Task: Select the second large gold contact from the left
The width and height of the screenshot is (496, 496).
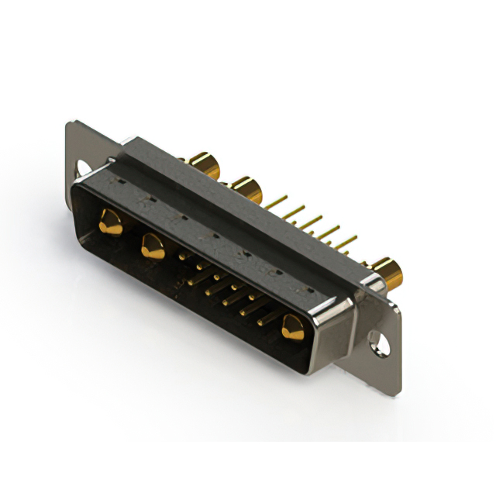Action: (152, 247)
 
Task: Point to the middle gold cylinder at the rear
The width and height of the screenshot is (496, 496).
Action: (246, 187)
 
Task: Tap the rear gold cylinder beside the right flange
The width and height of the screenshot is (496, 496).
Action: (387, 273)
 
